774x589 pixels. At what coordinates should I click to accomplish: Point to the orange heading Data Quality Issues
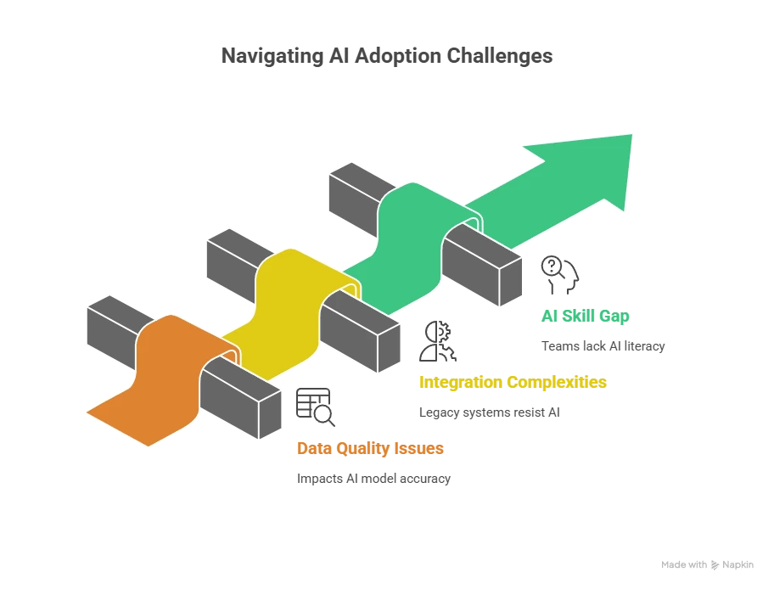tap(369, 448)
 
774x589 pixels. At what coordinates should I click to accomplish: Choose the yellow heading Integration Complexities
tap(513, 383)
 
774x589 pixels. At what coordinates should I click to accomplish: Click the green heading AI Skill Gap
tap(586, 318)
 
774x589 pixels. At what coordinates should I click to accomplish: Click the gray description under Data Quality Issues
tap(373, 480)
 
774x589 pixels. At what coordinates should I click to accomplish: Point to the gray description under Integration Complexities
tap(488, 414)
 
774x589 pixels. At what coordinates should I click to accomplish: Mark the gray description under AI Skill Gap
tap(601, 346)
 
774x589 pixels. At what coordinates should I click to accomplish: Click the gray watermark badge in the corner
tap(705, 563)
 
